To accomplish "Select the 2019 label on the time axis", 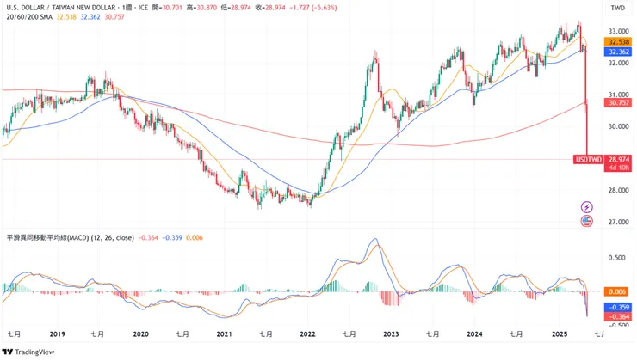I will point(59,333).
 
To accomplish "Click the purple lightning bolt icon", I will point(587,206).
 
